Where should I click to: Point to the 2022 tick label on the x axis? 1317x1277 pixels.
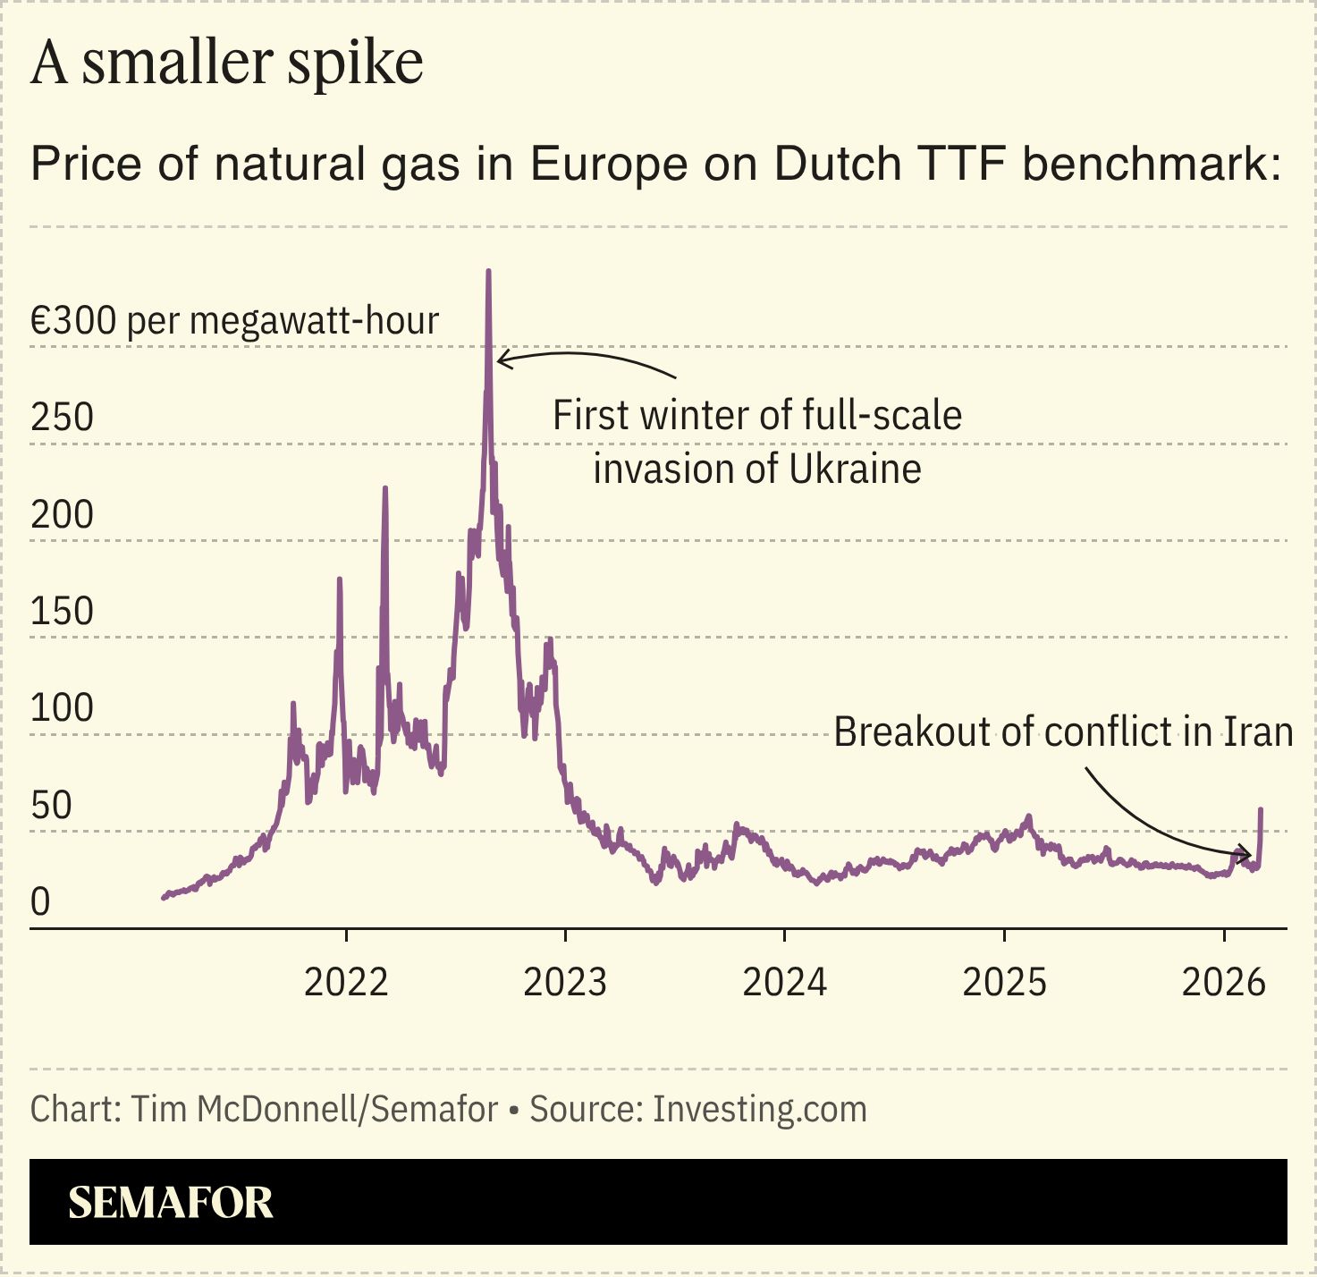point(346,983)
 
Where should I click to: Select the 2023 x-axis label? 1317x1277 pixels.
point(565,983)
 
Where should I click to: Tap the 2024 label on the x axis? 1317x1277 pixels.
point(784,983)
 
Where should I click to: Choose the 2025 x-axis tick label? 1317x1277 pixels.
point(1004,983)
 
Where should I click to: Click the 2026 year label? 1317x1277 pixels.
point(1223,983)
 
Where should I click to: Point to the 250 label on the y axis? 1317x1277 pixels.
point(62,418)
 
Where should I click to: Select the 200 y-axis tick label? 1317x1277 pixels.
point(62,515)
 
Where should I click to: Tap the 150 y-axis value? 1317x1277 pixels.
point(62,612)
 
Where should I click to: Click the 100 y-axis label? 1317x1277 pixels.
point(62,708)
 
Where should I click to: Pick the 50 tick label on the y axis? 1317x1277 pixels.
point(51,806)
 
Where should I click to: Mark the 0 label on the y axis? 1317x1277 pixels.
point(40,902)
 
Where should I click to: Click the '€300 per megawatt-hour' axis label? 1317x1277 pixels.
point(234,321)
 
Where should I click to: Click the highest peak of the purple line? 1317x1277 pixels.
point(488,272)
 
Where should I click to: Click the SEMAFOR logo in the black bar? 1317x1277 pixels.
point(171,1203)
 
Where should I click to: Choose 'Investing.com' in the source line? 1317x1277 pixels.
point(760,1110)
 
